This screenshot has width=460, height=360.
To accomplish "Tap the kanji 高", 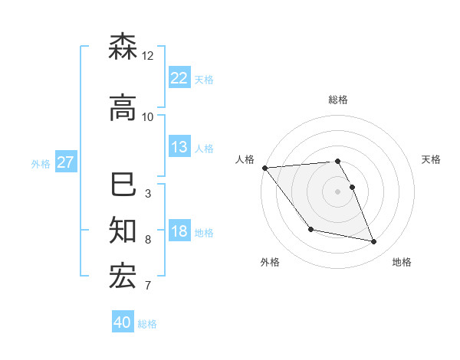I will click(x=123, y=109).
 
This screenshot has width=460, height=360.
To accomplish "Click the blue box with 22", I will click(x=179, y=78).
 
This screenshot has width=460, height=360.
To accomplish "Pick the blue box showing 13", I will click(x=179, y=147).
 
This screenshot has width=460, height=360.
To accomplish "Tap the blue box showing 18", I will click(x=179, y=231).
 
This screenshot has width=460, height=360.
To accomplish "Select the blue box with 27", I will click(x=65, y=162).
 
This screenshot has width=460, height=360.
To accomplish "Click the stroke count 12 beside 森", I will click(x=148, y=56).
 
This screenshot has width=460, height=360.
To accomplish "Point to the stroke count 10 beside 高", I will click(x=148, y=117).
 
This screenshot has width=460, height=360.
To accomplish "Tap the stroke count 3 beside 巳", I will click(x=148, y=194).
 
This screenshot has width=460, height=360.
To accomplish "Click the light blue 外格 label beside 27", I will click(x=41, y=163).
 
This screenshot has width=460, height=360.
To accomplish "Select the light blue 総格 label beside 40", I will click(x=148, y=323).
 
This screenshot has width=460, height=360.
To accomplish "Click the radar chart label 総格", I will click(x=337, y=100).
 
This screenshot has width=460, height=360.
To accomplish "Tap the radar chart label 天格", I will click(x=432, y=159).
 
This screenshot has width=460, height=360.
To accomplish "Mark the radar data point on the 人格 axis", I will click(x=264, y=168).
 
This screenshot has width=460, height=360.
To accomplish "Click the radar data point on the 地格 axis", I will click(x=374, y=242).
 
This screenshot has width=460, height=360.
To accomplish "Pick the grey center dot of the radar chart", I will click(x=337, y=191).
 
